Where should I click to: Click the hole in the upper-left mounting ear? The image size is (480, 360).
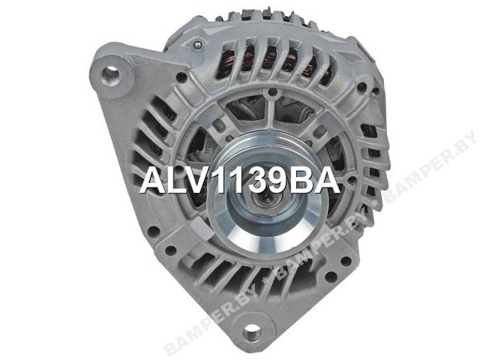click(x=110, y=75)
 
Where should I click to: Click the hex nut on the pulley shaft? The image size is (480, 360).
click(x=262, y=201)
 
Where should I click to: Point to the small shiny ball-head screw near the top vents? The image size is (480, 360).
click(x=197, y=45)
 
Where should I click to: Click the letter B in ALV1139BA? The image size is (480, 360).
click(x=300, y=181)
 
